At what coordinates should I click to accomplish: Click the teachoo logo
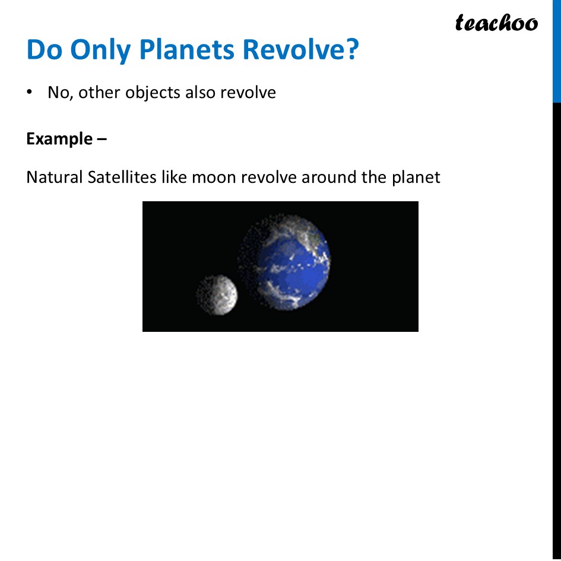pyautogui.click(x=496, y=23)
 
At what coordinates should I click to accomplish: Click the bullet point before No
pyautogui.click(x=28, y=93)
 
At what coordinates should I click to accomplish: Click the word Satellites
pyautogui.click(x=122, y=177)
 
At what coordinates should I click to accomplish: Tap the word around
pyautogui.click(x=327, y=177)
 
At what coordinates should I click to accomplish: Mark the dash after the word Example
pyautogui.click(x=102, y=140)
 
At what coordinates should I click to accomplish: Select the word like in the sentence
pyautogui.click(x=174, y=177)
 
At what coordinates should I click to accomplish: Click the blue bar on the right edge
pyautogui.click(x=556, y=50)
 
